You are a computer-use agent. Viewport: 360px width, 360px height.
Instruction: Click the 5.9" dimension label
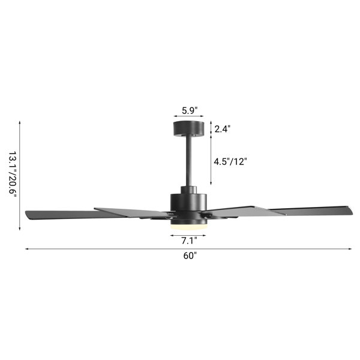(190, 110)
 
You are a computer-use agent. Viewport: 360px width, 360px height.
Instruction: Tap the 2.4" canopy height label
(222, 129)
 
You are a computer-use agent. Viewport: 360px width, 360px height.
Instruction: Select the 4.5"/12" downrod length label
(230, 162)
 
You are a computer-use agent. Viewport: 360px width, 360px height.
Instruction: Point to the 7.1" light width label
(189, 241)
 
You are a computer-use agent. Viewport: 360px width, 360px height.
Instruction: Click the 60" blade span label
(190, 256)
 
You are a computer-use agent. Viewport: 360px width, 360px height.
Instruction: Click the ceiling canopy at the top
(189, 129)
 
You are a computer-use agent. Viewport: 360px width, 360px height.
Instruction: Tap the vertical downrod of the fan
(189, 161)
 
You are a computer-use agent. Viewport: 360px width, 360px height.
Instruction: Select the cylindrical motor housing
(188, 202)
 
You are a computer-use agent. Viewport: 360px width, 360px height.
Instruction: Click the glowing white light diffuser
(189, 227)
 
